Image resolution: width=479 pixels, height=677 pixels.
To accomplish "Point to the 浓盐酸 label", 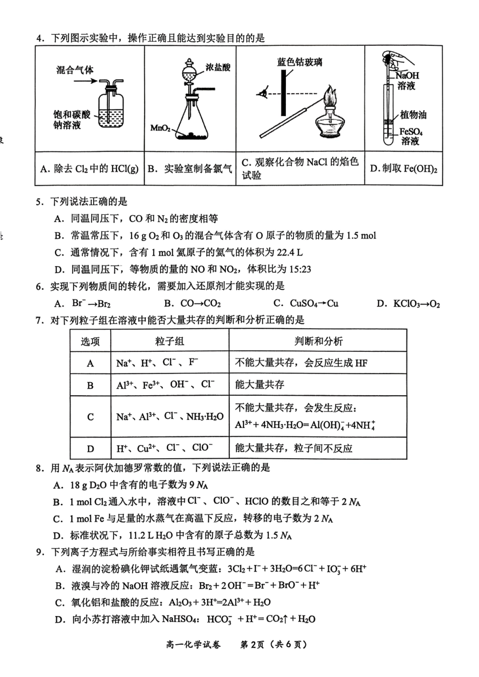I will pos(218,68).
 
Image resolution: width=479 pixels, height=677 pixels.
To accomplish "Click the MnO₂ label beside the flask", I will pos(160,128).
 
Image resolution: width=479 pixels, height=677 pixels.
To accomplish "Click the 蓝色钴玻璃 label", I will pos(300,62).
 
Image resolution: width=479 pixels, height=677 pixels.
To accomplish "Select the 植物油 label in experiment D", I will pos(413,114).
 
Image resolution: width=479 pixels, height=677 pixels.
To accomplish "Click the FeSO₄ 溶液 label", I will pos(411,136).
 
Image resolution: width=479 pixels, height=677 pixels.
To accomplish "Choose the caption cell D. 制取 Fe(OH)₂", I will pos(403,169).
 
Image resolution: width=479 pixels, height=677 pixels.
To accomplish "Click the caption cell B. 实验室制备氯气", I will pos(190,169).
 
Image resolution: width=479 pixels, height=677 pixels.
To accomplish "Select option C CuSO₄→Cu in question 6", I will pos(306,303).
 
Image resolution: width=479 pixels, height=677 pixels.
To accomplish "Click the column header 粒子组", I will pos(169,341).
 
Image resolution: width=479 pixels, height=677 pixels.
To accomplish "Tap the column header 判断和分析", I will pos(318,341).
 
